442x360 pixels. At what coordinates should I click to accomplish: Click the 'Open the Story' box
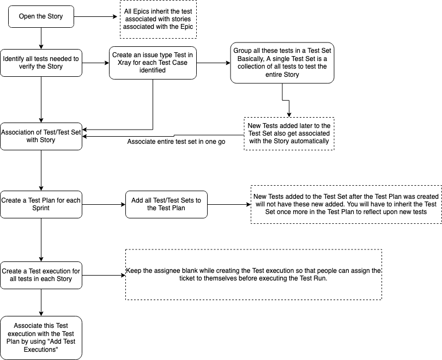click(x=41, y=16)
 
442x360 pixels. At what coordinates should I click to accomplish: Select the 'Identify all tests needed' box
click(x=41, y=63)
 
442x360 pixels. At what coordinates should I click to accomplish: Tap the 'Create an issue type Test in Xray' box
click(x=152, y=63)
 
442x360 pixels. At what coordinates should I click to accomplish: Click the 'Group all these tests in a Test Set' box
click(x=282, y=63)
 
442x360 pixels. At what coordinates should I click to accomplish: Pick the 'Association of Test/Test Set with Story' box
click(x=41, y=136)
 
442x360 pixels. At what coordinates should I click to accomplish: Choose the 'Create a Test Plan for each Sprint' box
click(x=41, y=204)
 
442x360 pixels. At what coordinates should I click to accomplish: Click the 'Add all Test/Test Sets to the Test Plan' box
click(x=166, y=204)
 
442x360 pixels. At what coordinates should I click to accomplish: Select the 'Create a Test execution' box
click(x=41, y=275)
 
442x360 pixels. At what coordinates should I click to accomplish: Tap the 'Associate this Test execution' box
click(x=41, y=338)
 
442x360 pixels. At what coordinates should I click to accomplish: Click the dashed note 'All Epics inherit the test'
click(x=158, y=20)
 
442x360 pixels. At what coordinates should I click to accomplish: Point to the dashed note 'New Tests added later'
click(x=288, y=133)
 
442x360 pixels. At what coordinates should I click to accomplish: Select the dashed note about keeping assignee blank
click(x=253, y=274)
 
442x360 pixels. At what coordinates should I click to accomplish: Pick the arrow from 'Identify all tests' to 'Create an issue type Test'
click(x=95, y=63)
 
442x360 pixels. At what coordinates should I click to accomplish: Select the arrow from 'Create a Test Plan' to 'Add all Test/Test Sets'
click(x=104, y=204)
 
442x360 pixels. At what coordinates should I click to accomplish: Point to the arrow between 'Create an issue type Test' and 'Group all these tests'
click(x=213, y=63)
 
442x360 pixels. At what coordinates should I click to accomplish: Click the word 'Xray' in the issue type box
click(x=122, y=63)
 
